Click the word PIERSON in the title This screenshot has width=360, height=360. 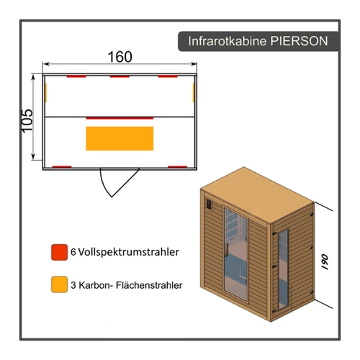pos(299,41)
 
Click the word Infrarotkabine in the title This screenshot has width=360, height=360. pos(228,41)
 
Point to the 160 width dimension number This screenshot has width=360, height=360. pos(120,57)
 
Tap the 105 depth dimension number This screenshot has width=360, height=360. pos(27,121)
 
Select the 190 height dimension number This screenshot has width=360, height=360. pos(325,262)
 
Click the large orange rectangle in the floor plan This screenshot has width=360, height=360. pos(120,138)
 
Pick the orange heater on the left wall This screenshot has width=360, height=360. pos(46,93)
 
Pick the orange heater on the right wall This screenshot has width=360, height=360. pos(194,93)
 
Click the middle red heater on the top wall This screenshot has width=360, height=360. pos(120,76)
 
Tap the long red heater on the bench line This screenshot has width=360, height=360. pos(120,118)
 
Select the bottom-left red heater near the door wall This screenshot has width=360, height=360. pos(62,167)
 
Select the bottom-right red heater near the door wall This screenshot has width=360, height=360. pos(178,167)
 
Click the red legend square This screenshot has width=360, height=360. pos(59,252)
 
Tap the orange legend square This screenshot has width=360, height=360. pos(59,284)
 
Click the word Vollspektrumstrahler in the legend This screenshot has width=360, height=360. pos(129,252)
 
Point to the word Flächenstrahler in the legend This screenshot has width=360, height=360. pos(149,285)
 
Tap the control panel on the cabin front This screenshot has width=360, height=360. pos(209,204)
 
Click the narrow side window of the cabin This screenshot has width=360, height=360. pos(283,269)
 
